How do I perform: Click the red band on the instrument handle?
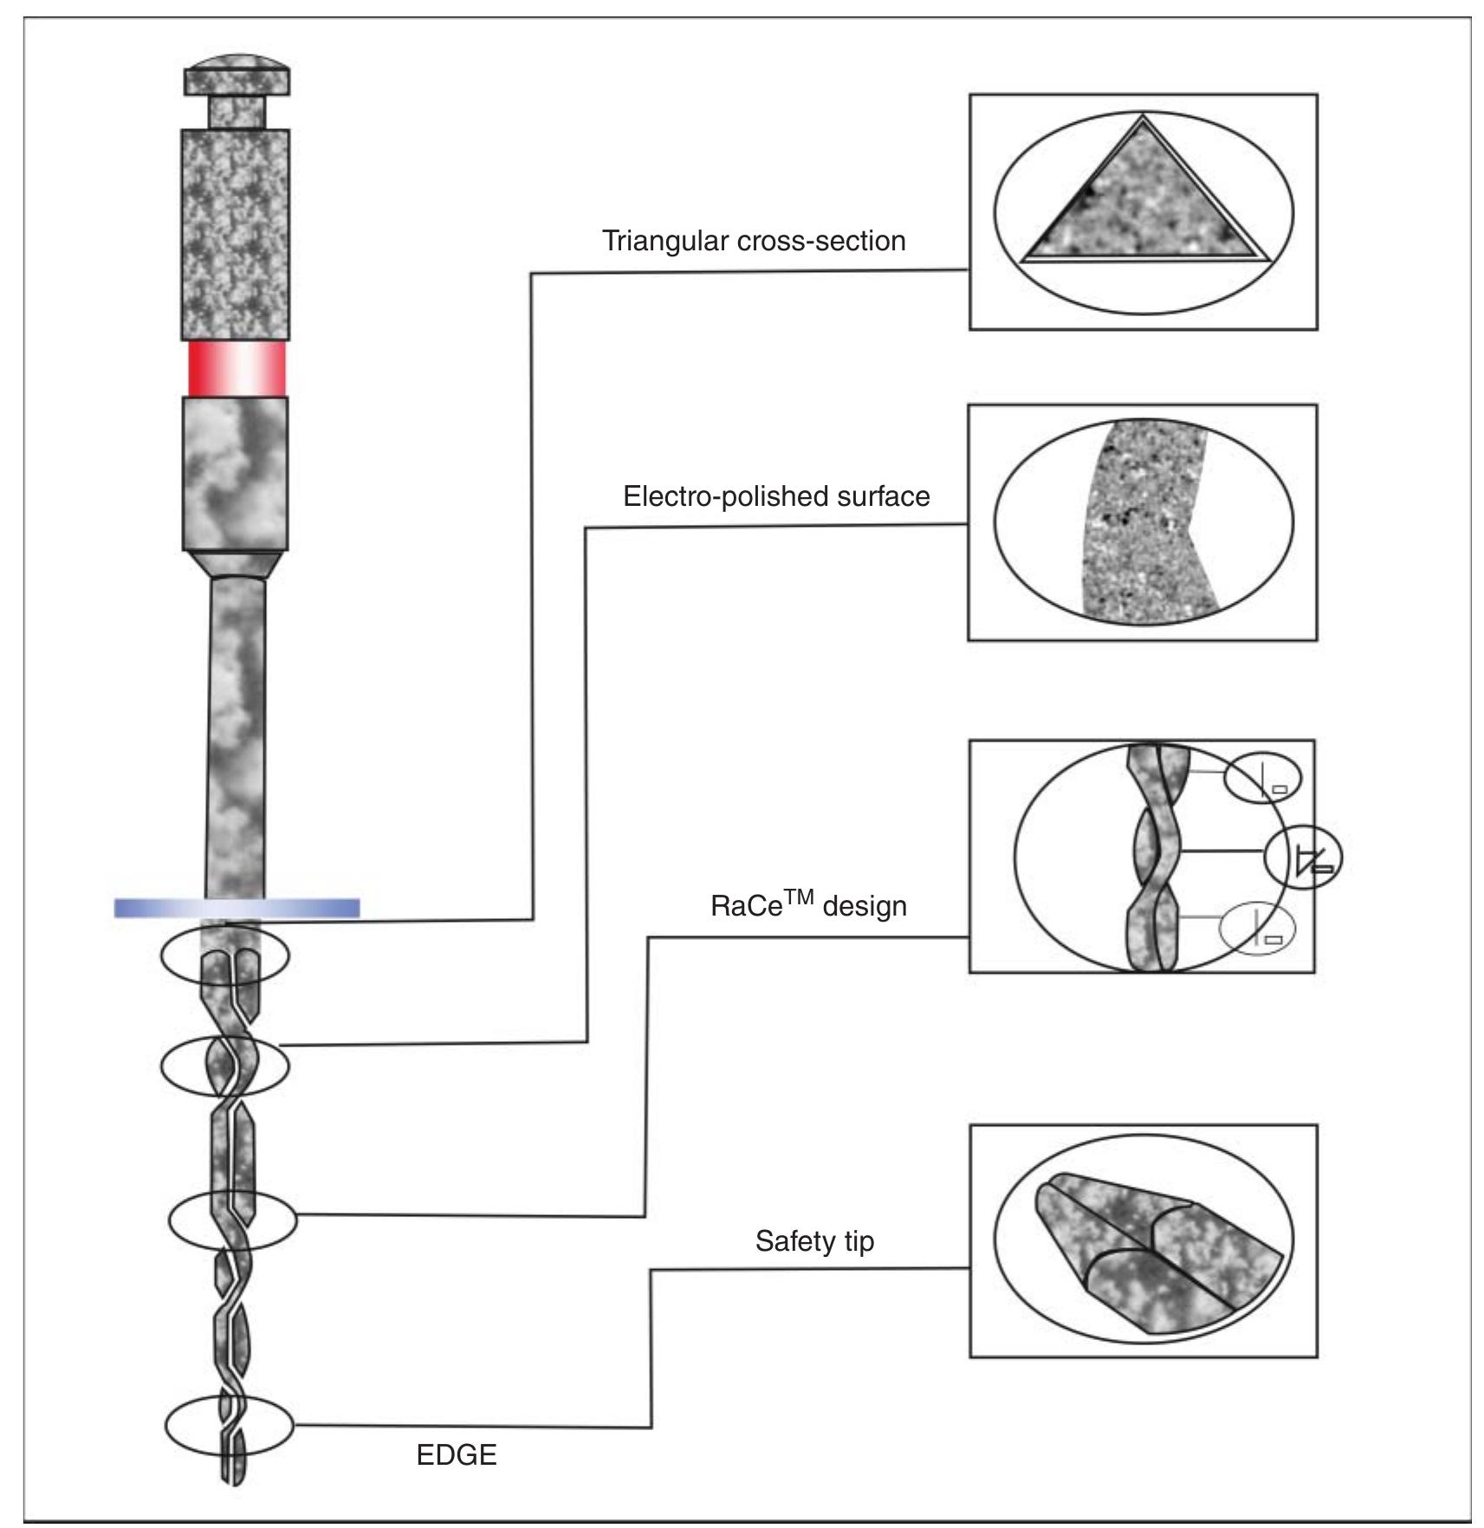(x=237, y=368)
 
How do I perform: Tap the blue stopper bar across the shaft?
(x=237, y=908)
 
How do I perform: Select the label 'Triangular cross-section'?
(x=754, y=241)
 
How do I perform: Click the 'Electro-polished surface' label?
(x=776, y=496)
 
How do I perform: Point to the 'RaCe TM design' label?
(x=808, y=904)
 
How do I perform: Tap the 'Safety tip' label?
(x=814, y=1241)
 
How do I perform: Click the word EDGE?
(x=457, y=1454)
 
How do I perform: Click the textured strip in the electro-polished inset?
(x=1144, y=521)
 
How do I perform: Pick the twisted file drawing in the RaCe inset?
(x=1157, y=858)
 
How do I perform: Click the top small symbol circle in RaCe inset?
(x=1262, y=776)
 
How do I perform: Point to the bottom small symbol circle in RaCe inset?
(x=1258, y=928)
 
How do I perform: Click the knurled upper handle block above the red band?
(x=235, y=234)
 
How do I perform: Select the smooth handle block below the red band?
(x=235, y=473)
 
